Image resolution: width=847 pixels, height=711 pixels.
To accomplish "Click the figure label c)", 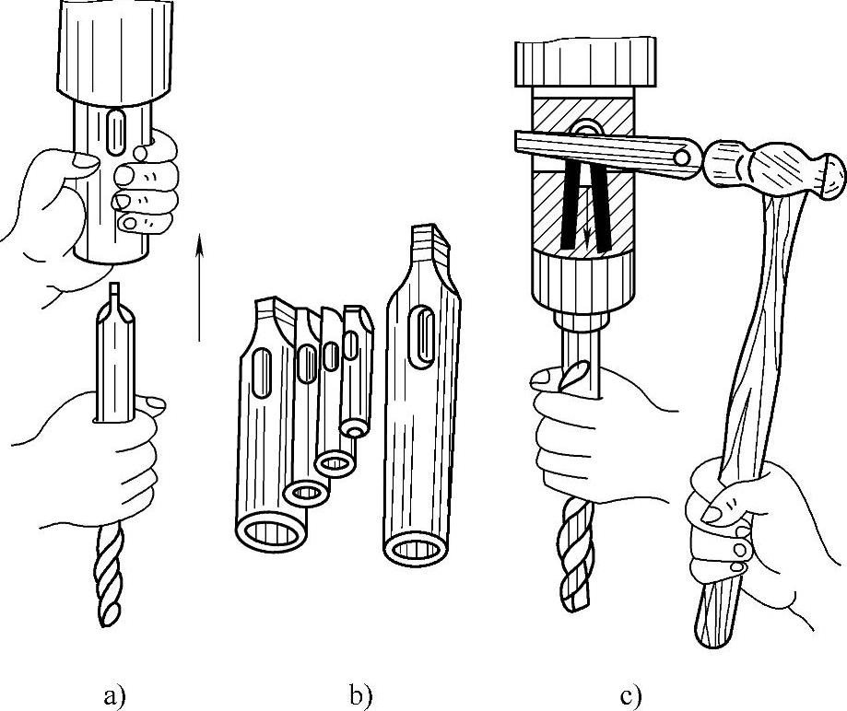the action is coord(630,695).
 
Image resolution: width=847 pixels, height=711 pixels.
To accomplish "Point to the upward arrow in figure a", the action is coord(199,286).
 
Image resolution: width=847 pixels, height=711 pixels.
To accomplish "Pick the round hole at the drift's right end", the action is coord(682,158).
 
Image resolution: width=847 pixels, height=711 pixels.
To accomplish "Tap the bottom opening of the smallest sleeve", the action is coord(355,430).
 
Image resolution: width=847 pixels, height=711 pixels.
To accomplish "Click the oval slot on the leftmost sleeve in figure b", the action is coord(262,374).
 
